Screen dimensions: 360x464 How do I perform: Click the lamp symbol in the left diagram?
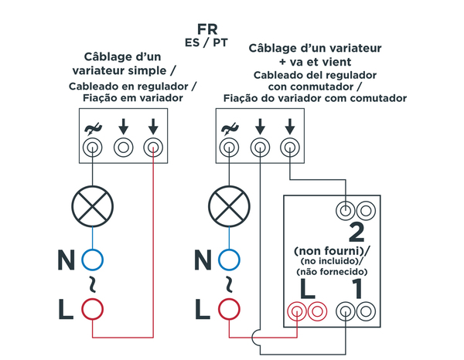click(x=93, y=206)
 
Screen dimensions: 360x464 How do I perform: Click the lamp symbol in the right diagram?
click(x=229, y=206)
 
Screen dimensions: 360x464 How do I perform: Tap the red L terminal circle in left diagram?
click(x=93, y=309)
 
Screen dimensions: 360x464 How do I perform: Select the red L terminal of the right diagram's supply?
click(x=229, y=309)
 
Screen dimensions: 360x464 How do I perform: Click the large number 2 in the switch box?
click(x=357, y=232)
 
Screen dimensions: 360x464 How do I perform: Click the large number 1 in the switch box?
click(x=357, y=290)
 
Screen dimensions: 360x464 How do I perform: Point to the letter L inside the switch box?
click(x=305, y=290)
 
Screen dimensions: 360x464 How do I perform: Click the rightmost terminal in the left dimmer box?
click(x=154, y=146)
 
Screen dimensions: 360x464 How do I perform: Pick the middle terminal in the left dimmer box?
click(x=123, y=146)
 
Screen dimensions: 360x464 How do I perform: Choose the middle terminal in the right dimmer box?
click(x=259, y=146)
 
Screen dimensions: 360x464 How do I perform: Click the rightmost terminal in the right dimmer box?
click(x=289, y=146)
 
